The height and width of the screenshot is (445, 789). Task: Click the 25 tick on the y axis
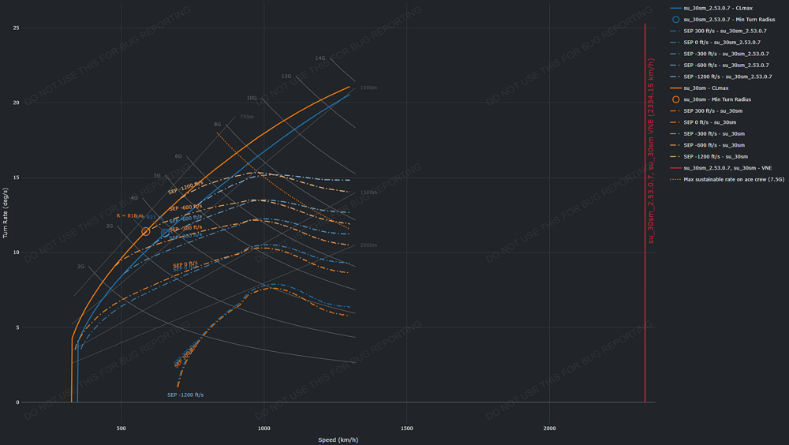[x=16, y=28]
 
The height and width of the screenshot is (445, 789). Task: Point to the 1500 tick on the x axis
[x=406, y=428]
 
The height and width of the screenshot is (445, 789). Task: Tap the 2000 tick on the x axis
[x=550, y=428]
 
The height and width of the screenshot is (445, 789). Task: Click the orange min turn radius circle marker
[x=146, y=232]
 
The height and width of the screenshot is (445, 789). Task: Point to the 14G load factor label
[x=320, y=58]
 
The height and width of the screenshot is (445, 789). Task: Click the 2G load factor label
[x=80, y=267]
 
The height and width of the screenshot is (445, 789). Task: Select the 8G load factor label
[x=218, y=125]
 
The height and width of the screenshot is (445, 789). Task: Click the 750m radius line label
[x=246, y=117]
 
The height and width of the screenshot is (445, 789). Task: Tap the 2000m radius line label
[x=368, y=245]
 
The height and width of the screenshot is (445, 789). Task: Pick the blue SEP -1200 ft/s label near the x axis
[x=185, y=395]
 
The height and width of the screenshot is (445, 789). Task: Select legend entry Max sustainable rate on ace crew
[x=727, y=179]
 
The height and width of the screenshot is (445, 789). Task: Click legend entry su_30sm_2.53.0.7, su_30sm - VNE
[x=726, y=167]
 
